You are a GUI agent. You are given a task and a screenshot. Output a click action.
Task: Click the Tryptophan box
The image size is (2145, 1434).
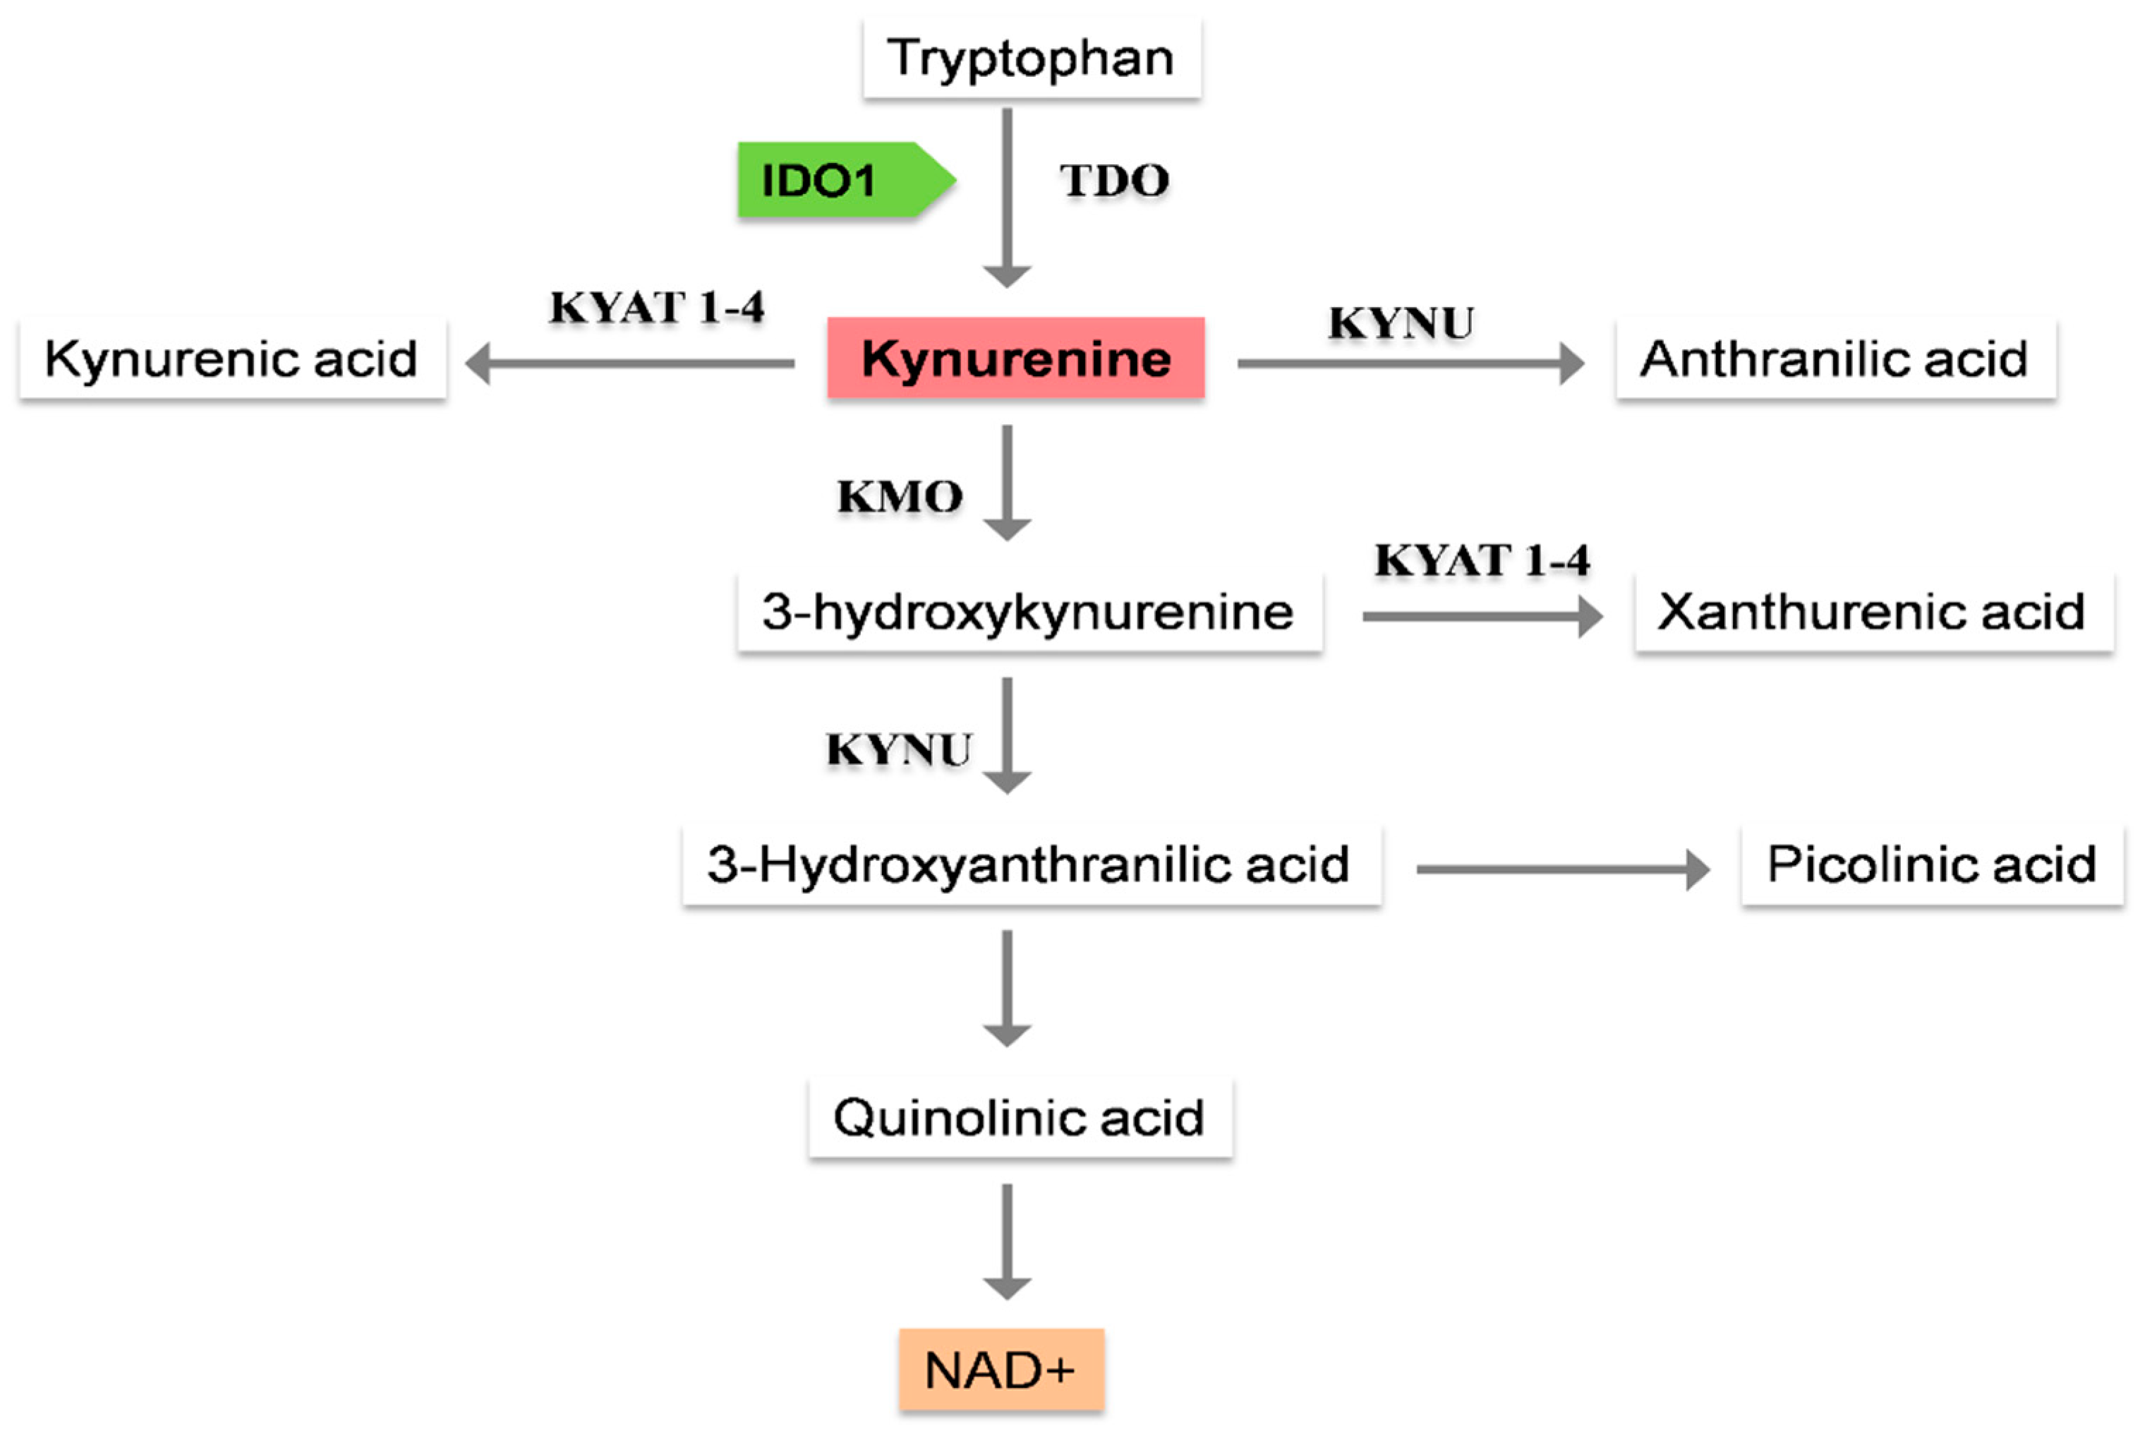tap(1032, 58)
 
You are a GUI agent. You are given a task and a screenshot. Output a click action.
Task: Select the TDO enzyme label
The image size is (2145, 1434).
tap(1113, 180)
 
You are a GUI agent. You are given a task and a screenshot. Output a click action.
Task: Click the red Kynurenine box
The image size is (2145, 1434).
tap(1016, 358)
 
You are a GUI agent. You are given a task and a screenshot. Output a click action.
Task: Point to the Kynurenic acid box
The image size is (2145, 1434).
tap(232, 358)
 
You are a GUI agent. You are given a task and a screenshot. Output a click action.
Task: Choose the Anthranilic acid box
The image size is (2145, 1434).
tap(1835, 358)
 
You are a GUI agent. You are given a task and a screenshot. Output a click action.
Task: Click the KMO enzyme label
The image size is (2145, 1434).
tap(900, 497)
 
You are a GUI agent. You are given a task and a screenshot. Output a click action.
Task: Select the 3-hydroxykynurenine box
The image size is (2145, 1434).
tap(1029, 612)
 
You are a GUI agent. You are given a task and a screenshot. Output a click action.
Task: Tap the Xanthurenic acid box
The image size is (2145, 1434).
tap(1873, 612)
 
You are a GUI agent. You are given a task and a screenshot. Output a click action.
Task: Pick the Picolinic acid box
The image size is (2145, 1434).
tap(1931, 865)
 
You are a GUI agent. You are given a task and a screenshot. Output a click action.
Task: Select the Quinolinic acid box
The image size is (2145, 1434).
tap(1020, 1118)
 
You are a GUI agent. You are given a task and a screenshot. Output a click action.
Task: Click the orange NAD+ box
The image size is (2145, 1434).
tap(1001, 1370)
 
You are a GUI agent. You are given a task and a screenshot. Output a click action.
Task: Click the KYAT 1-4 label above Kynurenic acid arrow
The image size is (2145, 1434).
tap(656, 307)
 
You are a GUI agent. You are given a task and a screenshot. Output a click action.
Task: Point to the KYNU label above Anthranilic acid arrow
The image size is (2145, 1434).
tap(1401, 323)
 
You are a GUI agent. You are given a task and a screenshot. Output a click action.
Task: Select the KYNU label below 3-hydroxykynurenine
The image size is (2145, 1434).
tap(898, 750)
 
